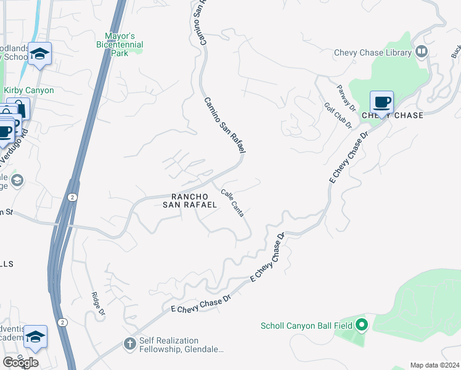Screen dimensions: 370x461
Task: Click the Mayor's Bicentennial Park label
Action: pyautogui.click(x=120, y=44)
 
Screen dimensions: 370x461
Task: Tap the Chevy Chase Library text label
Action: pyautogui.click(x=372, y=52)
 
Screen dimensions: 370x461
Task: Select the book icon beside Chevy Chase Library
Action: pyautogui.click(x=422, y=52)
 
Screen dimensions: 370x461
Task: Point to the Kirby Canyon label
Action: pyautogui.click(x=29, y=90)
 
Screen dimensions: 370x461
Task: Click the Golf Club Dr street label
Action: pyautogui.click(x=338, y=115)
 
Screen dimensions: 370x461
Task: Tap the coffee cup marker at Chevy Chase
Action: pyautogui.click(x=381, y=102)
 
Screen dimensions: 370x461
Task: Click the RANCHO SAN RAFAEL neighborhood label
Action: pyautogui.click(x=190, y=200)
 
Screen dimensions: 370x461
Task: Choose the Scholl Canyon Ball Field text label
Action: pyautogui.click(x=306, y=326)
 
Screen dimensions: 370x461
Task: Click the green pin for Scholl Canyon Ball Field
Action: pyautogui.click(x=362, y=324)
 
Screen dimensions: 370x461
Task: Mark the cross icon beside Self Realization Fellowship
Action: pyautogui.click(x=130, y=343)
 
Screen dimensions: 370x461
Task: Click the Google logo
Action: pyautogui.click(x=20, y=363)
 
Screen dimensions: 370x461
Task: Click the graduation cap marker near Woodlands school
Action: pyautogui.click(x=40, y=54)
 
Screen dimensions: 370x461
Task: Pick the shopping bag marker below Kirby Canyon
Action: pyautogui.click(x=18, y=109)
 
